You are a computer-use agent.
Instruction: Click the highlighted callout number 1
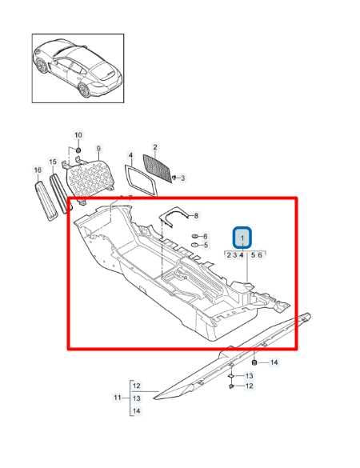pyautogui.click(x=242, y=238)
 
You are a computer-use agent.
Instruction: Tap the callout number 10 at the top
pyautogui.click(x=78, y=134)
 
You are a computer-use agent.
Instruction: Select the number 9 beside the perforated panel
pyautogui.click(x=98, y=149)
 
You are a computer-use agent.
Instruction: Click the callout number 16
pyautogui.click(x=37, y=170)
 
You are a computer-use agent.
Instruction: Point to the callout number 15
pyautogui.click(x=53, y=162)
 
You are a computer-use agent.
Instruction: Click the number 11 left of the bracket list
pyautogui.click(x=118, y=398)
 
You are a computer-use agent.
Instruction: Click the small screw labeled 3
pyautogui.click(x=174, y=177)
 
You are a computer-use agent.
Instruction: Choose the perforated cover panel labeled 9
pyautogui.click(x=89, y=173)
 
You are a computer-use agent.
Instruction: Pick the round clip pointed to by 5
pyautogui.click(x=195, y=246)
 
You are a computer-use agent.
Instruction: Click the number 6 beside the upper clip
pyautogui.click(x=206, y=237)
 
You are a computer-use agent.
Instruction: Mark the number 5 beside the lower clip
pyautogui.click(x=206, y=246)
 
